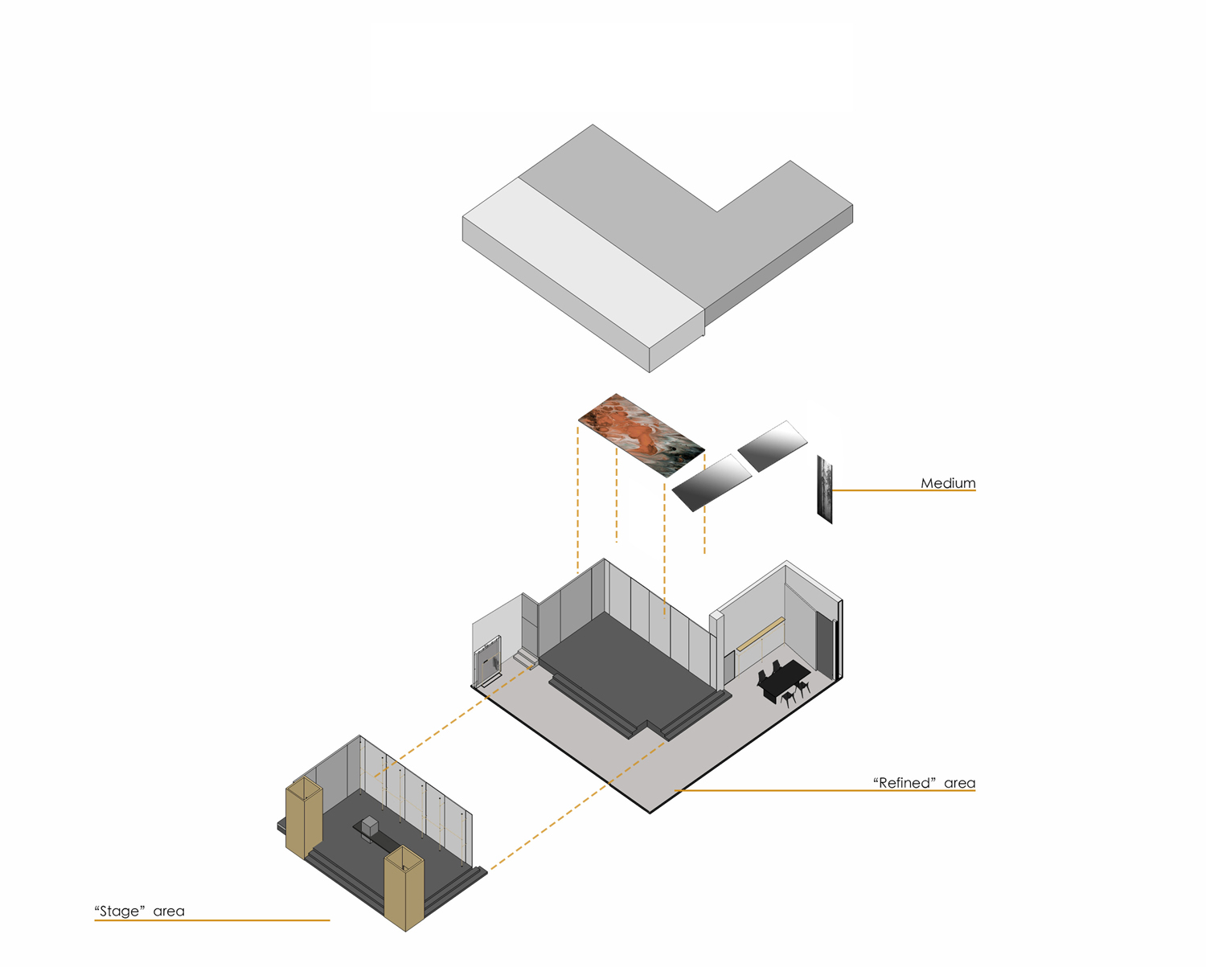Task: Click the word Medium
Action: point(948,483)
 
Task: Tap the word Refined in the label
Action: point(904,783)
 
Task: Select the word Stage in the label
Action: point(119,911)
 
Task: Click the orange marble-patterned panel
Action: point(641,436)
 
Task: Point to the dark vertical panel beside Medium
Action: point(824,489)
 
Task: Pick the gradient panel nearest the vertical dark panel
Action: point(773,446)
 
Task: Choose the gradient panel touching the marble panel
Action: point(712,483)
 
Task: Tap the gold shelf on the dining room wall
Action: point(760,633)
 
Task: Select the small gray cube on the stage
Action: point(369,825)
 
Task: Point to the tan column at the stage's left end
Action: point(304,817)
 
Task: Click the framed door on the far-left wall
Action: point(487,661)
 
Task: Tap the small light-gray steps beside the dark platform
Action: point(525,658)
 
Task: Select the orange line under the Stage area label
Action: point(211,920)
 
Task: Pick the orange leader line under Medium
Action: point(904,490)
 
